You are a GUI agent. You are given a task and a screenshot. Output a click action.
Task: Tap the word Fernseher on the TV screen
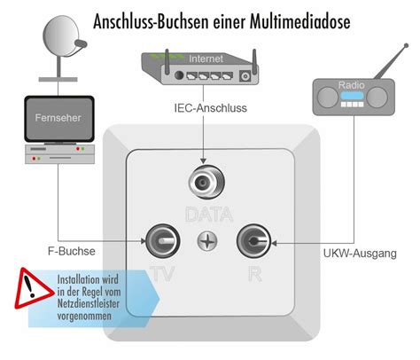coord(58,118)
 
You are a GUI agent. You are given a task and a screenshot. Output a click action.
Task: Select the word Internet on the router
coord(206,59)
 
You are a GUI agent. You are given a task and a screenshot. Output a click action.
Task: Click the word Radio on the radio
coord(352,85)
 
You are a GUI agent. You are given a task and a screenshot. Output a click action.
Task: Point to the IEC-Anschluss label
coord(211,108)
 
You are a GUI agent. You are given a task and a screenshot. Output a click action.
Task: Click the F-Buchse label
coord(72,251)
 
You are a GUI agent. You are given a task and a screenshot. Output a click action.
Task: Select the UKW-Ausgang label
coord(360,254)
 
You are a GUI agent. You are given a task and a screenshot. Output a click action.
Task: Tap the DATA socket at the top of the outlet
coord(206,182)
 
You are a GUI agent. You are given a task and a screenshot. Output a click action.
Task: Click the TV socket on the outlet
coord(163,241)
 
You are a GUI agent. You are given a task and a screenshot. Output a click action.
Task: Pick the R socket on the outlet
coord(253,241)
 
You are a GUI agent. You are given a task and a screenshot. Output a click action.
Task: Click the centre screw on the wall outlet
coord(207,241)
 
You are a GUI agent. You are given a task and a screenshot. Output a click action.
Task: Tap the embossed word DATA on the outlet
coord(209,215)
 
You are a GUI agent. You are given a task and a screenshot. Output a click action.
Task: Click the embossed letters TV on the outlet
coord(162,274)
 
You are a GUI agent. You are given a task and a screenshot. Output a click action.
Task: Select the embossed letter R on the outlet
coord(255,274)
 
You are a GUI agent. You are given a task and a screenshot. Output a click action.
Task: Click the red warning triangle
coord(35,289)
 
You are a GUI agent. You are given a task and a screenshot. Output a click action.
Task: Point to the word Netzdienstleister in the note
coord(89,304)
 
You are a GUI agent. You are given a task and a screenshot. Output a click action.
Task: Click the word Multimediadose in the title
coord(300,22)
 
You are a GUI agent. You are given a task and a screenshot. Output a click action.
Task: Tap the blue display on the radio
coord(352,96)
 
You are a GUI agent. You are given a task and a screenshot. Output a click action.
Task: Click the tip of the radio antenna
coord(407,45)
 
